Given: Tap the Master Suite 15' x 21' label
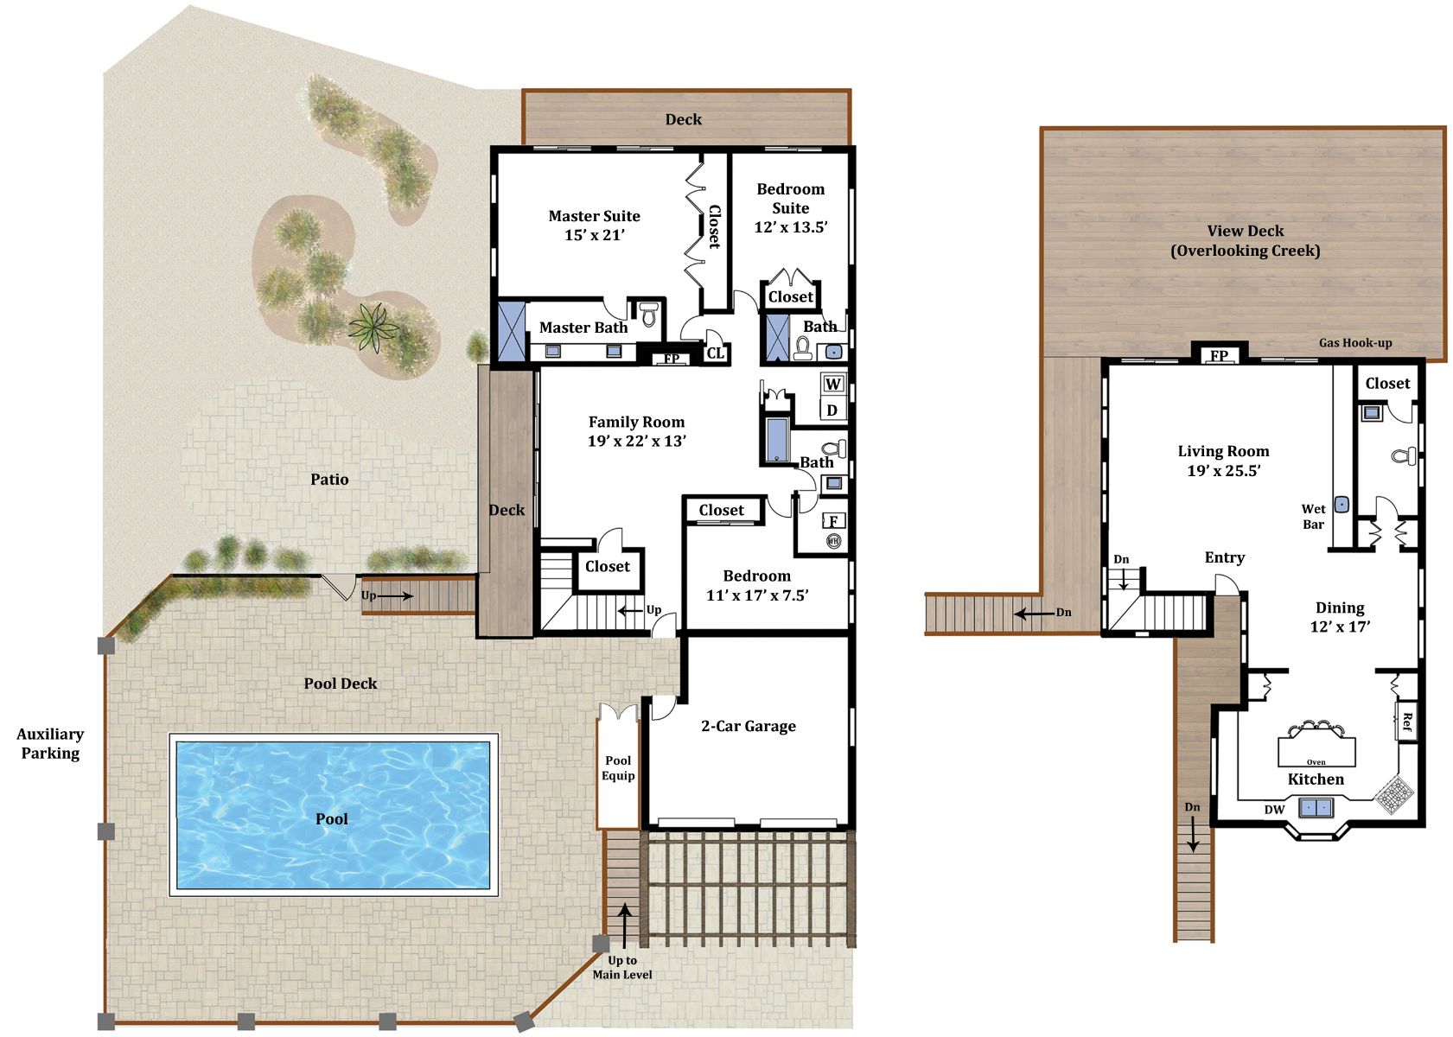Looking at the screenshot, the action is tap(594, 225).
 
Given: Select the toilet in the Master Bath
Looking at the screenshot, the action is tap(648, 313).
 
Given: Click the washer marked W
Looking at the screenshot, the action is tap(833, 384).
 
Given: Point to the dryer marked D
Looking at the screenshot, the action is tap(832, 410).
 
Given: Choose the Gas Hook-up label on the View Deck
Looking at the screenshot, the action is tap(1355, 343).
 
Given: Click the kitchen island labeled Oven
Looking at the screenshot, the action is tap(1316, 751).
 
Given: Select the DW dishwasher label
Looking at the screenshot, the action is tap(1274, 810).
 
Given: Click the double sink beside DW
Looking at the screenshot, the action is tap(1315, 808).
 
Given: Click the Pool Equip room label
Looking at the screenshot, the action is tap(618, 768).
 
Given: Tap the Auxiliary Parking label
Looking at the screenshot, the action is tap(50, 743).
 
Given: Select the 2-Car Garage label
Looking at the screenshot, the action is tap(748, 726).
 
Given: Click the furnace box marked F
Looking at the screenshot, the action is tap(833, 521).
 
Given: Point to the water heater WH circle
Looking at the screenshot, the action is tap(833, 540).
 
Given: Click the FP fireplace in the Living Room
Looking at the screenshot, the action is tap(1219, 355).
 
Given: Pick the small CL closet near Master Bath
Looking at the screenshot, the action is tap(716, 353).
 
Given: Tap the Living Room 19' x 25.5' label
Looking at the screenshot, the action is tap(1223, 461).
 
